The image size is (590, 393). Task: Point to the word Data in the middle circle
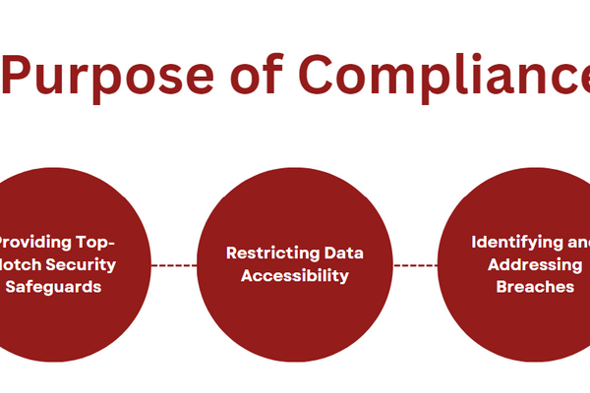click(x=339, y=253)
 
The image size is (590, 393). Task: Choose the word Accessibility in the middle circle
click(x=295, y=276)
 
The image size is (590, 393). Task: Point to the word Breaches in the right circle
click(x=535, y=288)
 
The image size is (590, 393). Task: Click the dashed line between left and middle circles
click(x=174, y=264)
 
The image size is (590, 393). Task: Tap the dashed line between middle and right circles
click(x=415, y=264)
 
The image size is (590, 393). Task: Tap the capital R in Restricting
click(x=231, y=253)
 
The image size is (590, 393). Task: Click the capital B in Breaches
click(x=501, y=288)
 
